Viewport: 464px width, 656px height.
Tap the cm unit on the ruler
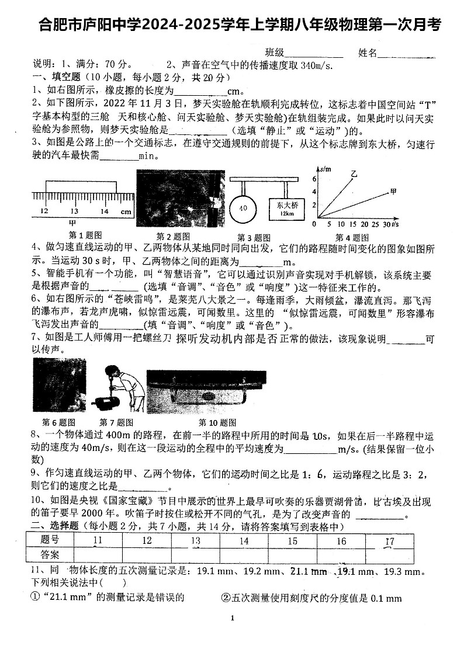click(126, 211)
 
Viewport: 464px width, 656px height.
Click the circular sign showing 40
click(244, 207)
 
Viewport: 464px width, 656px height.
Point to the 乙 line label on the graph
click(354, 173)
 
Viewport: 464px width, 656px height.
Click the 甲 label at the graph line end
click(393, 190)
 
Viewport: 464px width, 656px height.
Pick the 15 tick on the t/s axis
click(352, 224)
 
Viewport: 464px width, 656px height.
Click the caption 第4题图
click(351, 237)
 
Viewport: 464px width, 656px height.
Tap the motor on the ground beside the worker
click(109, 403)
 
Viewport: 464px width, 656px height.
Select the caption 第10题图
click(217, 422)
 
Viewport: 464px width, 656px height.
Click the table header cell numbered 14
click(244, 541)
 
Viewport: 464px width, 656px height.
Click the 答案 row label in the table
click(50, 554)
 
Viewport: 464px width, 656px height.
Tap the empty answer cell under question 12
click(147, 554)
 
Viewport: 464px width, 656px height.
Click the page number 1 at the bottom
click(232, 618)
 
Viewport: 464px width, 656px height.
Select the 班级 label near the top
click(274, 53)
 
